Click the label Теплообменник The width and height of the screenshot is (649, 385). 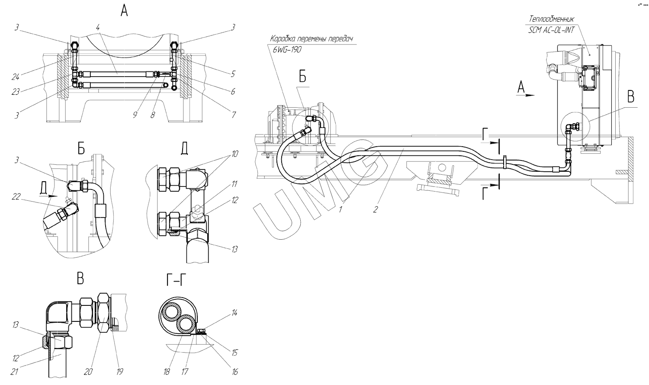coord(551,19)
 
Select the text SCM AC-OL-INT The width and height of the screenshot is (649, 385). coord(551,30)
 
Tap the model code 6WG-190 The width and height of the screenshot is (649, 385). coord(287,50)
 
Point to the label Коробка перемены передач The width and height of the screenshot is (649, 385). coord(312,39)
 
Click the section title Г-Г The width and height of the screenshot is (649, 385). coord(176,279)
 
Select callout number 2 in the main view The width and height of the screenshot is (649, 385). coord(376,209)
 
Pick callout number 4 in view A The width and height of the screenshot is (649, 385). coord(98,28)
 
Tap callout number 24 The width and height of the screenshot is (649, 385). coord(15,77)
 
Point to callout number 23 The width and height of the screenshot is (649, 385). coord(15,92)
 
